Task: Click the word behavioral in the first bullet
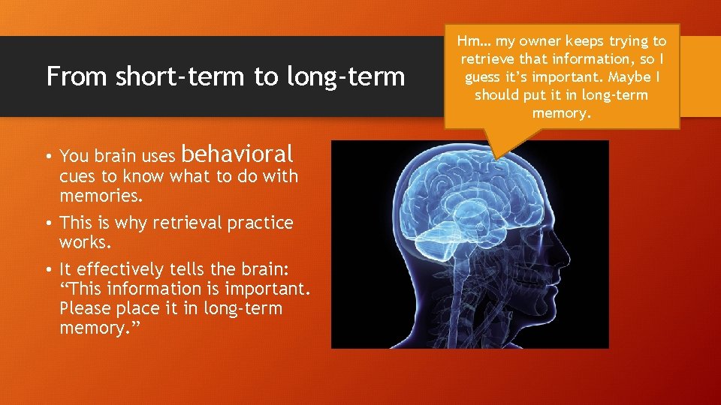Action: [237, 154]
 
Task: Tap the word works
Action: [84, 244]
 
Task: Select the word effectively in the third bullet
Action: [119, 268]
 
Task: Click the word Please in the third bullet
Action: [86, 308]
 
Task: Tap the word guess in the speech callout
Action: [484, 77]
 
